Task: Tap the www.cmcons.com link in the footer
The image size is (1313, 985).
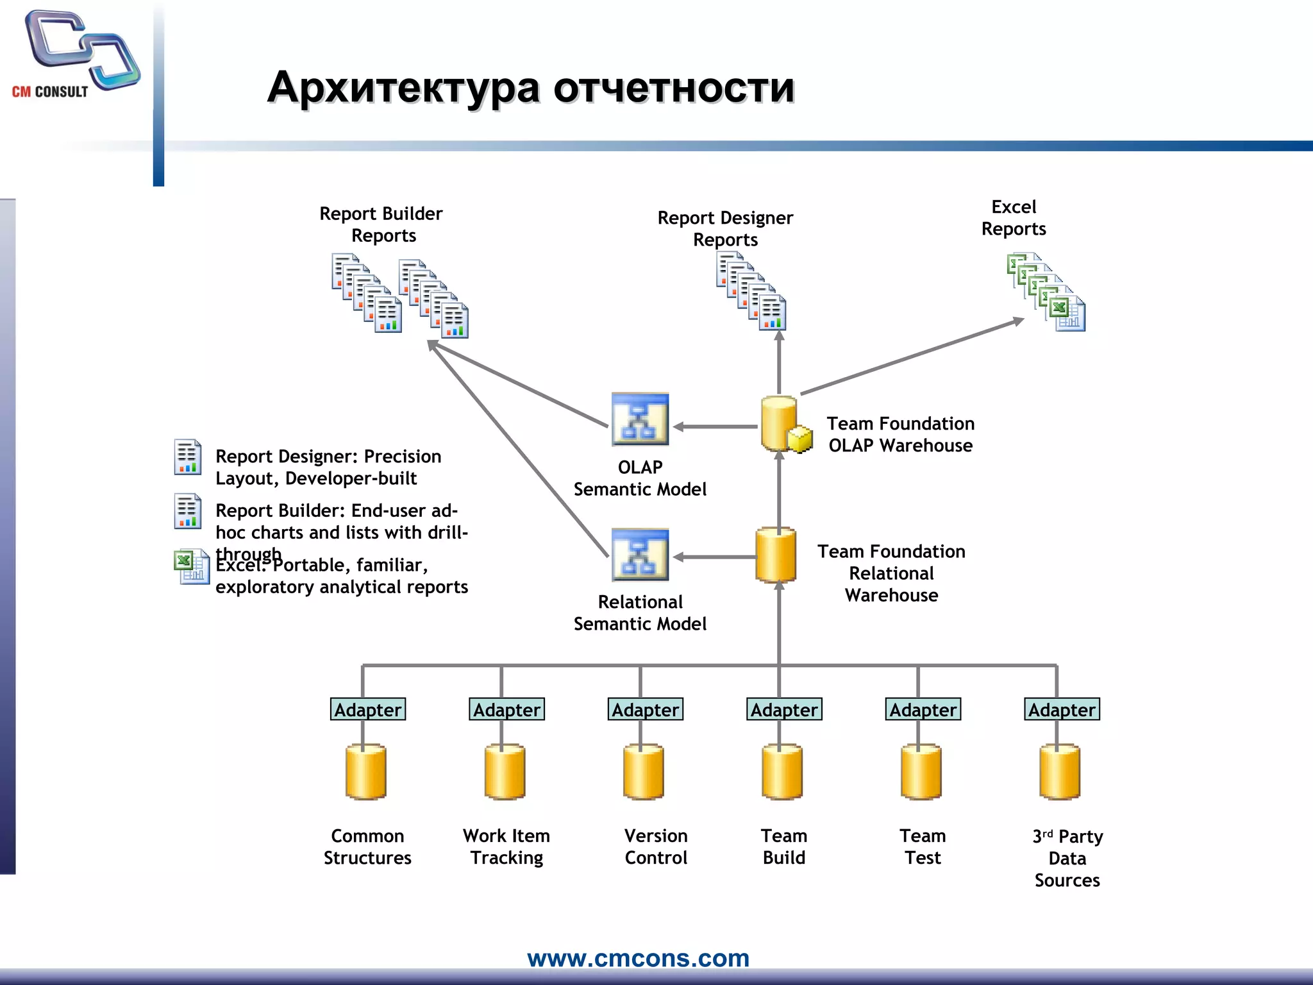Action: (638, 958)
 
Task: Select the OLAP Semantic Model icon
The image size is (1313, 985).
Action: (640, 419)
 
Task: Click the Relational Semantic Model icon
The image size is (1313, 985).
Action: (640, 555)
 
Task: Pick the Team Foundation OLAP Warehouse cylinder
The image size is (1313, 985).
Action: (782, 424)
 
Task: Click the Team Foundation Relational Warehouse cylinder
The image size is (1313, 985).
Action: (776, 555)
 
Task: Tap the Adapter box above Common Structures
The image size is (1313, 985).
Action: (367, 709)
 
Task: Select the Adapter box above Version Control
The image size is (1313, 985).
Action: (645, 709)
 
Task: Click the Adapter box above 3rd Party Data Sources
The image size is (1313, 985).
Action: (1062, 709)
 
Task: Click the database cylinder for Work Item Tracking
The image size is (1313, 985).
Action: (505, 772)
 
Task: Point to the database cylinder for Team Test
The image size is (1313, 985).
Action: (921, 772)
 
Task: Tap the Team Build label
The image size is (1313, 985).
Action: (783, 846)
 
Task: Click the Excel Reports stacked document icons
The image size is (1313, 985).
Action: (1046, 292)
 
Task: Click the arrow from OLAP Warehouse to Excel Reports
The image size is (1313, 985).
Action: (910, 357)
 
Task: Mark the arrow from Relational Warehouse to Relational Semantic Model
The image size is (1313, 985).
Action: (715, 557)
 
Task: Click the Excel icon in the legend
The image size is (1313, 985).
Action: (191, 567)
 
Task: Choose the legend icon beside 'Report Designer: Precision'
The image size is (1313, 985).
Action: (188, 457)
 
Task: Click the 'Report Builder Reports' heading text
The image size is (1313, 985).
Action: (381, 224)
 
